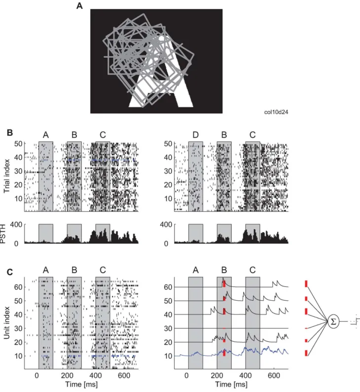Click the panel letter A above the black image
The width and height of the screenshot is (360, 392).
tap(79, 5)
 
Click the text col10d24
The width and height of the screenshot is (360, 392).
tap(276, 112)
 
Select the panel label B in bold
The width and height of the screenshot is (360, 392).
tap(10, 133)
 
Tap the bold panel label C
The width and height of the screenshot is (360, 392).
tap(10, 272)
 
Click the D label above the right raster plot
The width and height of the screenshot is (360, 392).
tap(195, 135)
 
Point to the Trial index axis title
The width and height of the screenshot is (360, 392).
tap(6, 176)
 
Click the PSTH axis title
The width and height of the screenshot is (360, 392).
tap(3, 234)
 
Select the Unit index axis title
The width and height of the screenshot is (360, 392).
tap(6, 323)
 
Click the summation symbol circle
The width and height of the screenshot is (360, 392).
tap(333, 321)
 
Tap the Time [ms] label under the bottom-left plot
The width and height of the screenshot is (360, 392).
tap(81, 384)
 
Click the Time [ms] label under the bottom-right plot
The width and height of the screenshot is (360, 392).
tap(231, 384)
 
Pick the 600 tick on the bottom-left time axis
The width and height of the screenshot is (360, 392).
tap(124, 376)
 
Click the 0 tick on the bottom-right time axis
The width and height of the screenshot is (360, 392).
tap(186, 376)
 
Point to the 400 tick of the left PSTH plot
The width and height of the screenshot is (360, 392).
tap(16, 224)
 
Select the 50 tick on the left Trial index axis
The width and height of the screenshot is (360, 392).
tap(18, 144)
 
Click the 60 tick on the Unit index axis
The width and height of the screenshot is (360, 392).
tap(18, 287)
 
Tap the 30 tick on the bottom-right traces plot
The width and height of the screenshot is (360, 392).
tap(168, 328)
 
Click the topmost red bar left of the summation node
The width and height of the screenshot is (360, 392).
tap(306, 284)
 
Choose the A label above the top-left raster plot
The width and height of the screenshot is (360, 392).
tap(46, 135)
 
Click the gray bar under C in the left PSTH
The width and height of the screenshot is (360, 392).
tap(103, 234)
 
